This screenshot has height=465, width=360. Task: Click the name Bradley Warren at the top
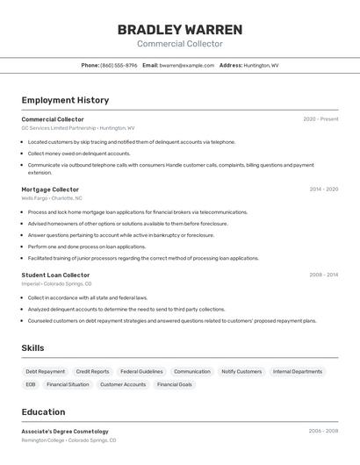tap(179, 30)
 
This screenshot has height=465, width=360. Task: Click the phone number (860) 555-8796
tap(119, 65)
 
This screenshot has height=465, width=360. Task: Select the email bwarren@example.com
tap(187, 65)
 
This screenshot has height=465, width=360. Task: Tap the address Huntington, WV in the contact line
tap(261, 65)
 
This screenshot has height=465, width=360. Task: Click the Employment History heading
tap(65, 100)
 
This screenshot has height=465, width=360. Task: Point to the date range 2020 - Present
tap(320, 119)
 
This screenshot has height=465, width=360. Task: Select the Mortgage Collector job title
tap(50, 190)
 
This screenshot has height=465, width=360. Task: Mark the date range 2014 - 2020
tap(323, 190)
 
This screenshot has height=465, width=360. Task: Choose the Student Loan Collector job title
tap(55, 275)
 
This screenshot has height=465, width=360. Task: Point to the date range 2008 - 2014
tap(323, 275)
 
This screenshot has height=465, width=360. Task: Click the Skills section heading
tap(32, 348)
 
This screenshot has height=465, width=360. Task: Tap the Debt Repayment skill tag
tap(45, 372)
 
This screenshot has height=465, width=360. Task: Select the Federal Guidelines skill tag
tap(141, 372)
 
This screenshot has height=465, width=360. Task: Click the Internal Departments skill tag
tap(298, 372)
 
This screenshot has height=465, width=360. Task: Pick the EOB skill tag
tap(31, 384)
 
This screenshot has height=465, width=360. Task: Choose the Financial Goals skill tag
tap(176, 384)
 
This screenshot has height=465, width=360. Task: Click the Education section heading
tap(43, 412)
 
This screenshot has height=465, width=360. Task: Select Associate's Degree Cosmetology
tap(65, 432)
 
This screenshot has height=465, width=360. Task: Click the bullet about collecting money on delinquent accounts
tap(79, 154)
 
